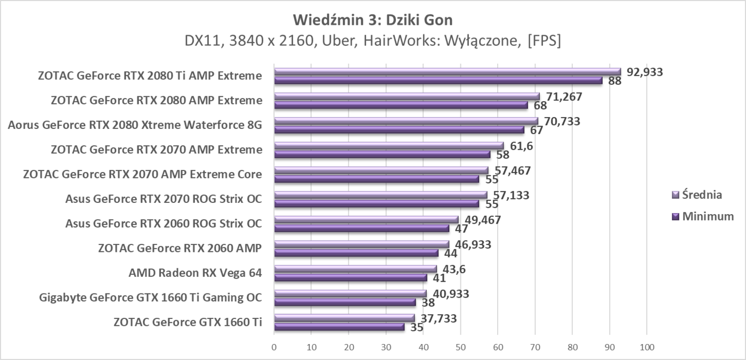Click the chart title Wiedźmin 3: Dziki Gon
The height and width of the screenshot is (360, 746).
[x=372, y=21]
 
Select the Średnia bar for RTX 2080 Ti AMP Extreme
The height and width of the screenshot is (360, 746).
[x=447, y=72]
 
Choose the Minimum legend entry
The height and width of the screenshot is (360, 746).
[x=703, y=217]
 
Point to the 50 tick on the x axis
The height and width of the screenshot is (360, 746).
[x=460, y=347]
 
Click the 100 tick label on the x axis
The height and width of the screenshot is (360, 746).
[x=646, y=347]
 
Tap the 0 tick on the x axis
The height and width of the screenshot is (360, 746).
[x=274, y=347]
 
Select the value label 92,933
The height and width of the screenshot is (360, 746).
[x=645, y=72]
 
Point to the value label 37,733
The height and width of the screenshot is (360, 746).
[x=439, y=318]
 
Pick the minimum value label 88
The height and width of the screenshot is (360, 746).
[x=615, y=81]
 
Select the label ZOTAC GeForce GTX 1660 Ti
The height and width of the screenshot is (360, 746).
[x=188, y=322]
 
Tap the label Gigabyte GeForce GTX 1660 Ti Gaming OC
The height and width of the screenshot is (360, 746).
[x=150, y=297]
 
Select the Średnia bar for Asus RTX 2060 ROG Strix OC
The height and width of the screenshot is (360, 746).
[x=366, y=219]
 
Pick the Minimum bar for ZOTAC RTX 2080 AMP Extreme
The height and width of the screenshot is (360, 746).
[x=401, y=105]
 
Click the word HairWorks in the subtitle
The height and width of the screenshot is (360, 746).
[x=394, y=42]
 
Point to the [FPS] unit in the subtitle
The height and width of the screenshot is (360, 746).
[x=544, y=42]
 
